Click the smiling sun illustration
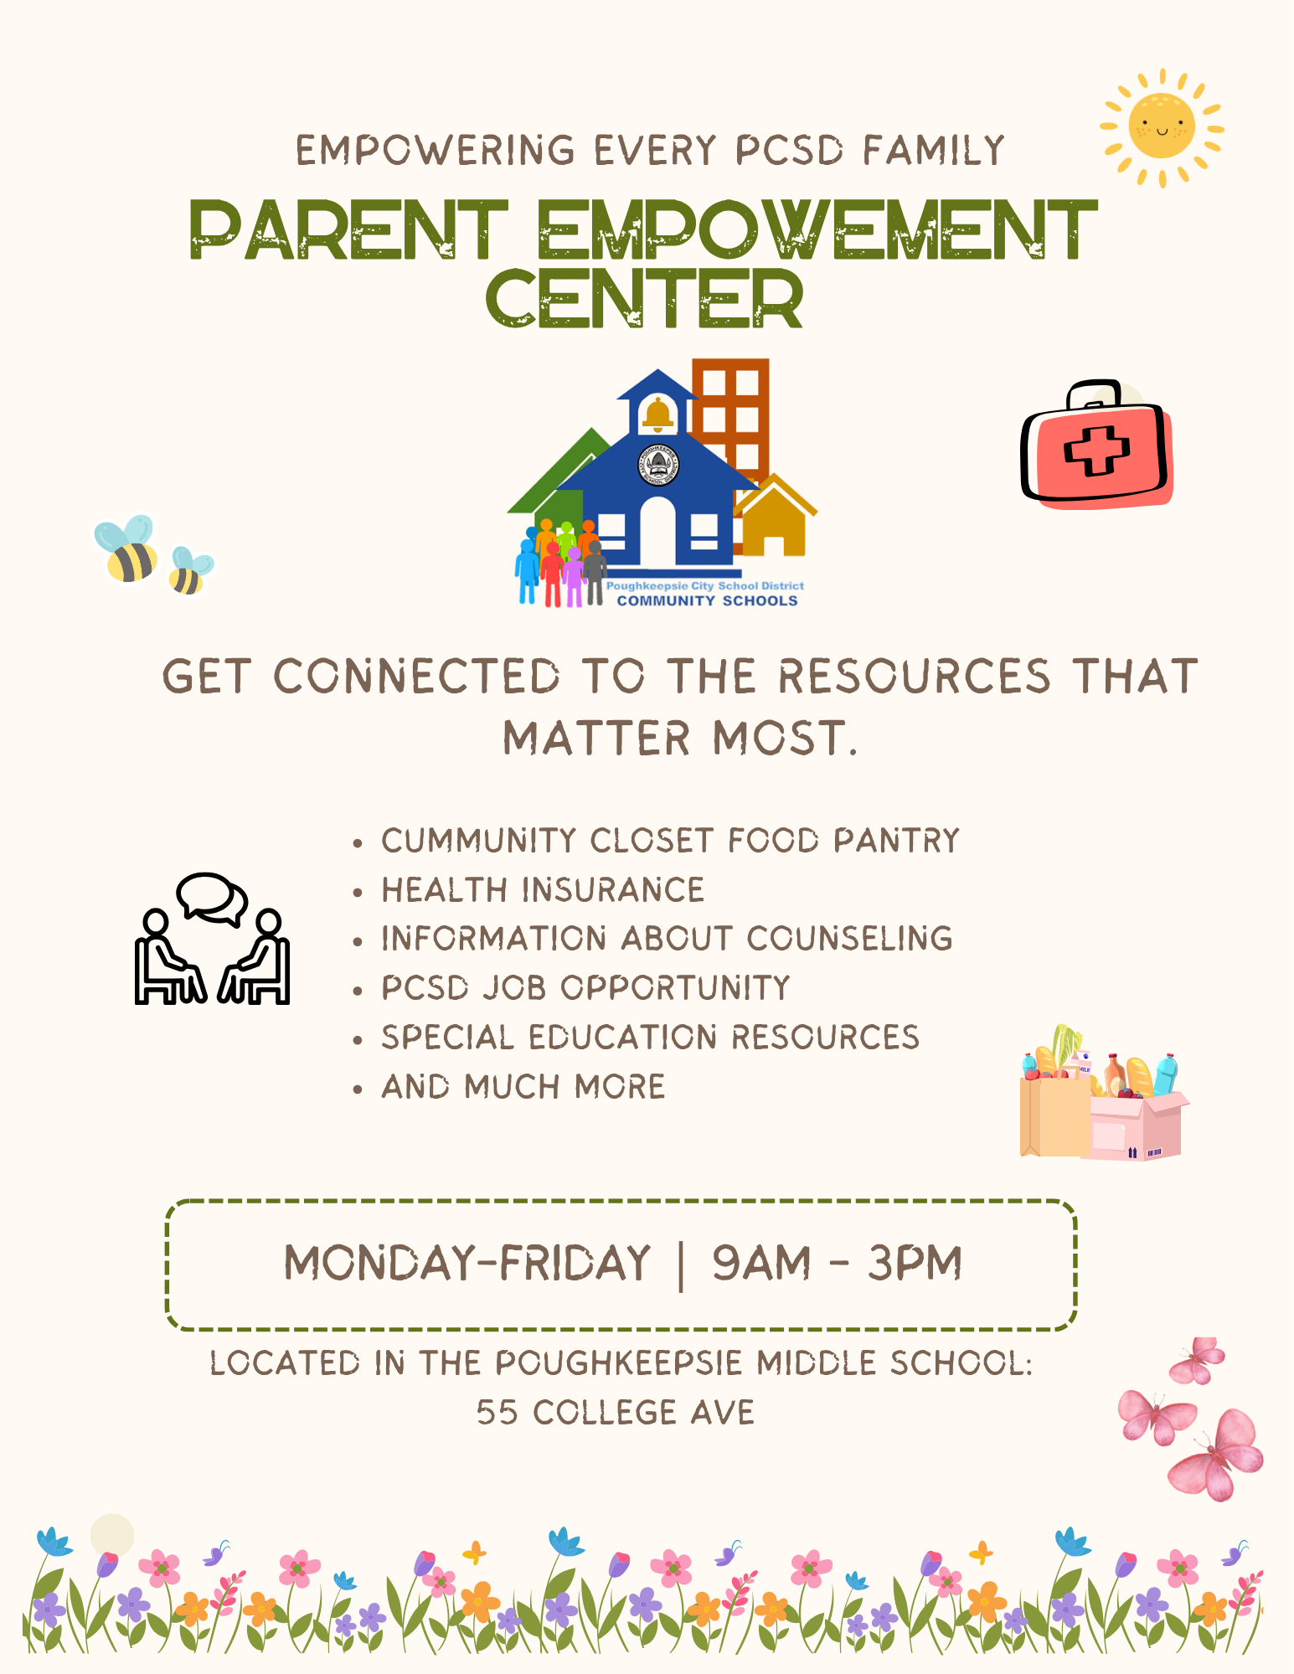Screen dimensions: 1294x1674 [1162, 128]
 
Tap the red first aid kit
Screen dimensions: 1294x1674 [1096, 445]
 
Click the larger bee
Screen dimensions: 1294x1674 [126, 549]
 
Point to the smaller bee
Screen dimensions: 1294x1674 [189, 571]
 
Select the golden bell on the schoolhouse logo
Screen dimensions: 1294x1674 [658, 414]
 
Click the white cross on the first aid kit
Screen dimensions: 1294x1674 [1096, 451]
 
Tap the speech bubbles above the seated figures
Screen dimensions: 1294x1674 [212, 899]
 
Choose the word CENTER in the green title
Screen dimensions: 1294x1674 [644, 299]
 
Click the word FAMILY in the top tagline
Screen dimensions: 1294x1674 [934, 152]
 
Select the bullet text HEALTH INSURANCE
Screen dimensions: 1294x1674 [543, 890]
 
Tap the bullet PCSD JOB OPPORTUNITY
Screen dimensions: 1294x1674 [585, 988]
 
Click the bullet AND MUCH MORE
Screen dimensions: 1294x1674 [523, 1087]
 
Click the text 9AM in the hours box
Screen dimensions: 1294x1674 [761, 1263]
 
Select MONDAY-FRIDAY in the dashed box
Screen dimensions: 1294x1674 [467, 1263]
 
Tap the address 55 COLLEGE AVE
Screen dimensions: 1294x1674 [616, 1413]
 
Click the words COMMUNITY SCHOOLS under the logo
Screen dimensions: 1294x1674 [708, 600]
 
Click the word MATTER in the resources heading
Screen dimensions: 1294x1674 [597, 739]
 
